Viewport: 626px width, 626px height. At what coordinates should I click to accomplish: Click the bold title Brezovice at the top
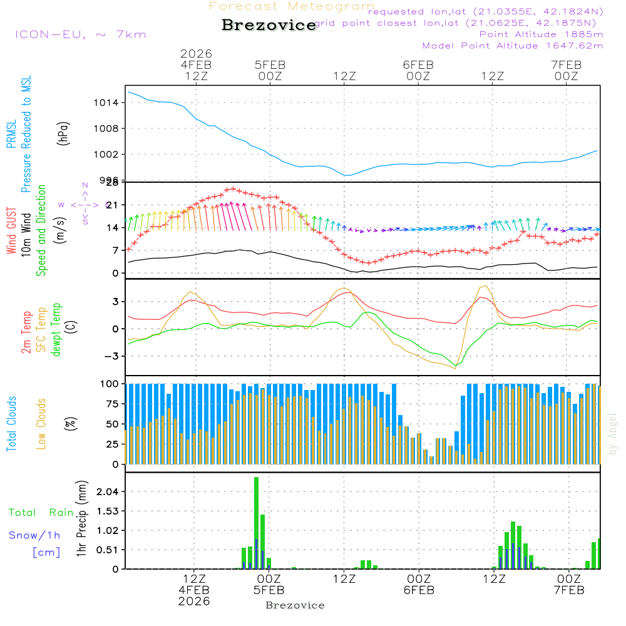pyautogui.click(x=269, y=26)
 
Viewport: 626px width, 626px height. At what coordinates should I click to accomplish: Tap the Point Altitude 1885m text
pyautogui.click(x=541, y=34)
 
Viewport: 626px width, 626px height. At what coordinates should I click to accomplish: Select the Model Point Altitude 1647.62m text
pyautogui.click(x=512, y=46)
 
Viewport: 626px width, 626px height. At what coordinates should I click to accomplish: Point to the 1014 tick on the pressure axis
pyautogui.click(x=106, y=103)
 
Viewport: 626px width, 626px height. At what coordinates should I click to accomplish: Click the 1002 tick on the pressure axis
pyautogui.click(x=106, y=154)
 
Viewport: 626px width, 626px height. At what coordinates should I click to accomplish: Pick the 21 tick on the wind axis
pyautogui.click(x=112, y=205)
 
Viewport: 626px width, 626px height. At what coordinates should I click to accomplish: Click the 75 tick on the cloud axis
pyautogui.click(x=112, y=404)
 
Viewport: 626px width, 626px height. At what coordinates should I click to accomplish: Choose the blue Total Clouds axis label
pyautogui.click(x=11, y=424)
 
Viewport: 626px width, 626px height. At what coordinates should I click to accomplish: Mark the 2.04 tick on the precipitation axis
pyautogui.click(x=107, y=492)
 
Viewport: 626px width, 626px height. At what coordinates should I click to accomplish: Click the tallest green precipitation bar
pyautogui.click(x=256, y=523)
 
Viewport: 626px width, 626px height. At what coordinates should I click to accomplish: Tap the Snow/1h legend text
pyautogui.click(x=35, y=535)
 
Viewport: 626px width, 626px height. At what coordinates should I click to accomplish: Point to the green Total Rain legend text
pyautogui.click(x=41, y=513)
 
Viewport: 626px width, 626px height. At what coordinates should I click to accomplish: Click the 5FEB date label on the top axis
pyautogui.click(x=270, y=64)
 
